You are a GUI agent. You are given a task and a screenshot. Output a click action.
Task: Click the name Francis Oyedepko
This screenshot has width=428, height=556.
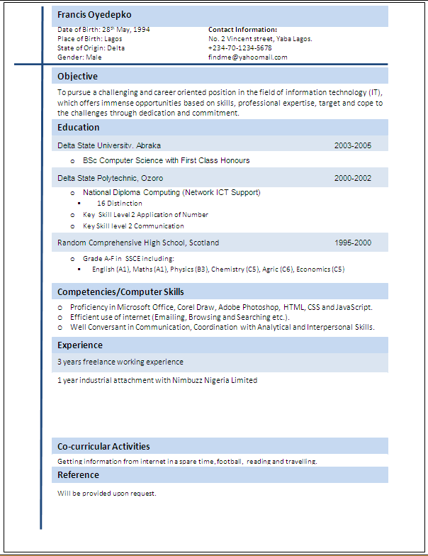(94, 15)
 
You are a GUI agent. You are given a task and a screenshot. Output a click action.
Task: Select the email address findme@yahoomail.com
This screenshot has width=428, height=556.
(248, 57)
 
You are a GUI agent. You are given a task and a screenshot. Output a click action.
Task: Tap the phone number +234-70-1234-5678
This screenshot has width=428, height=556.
(240, 48)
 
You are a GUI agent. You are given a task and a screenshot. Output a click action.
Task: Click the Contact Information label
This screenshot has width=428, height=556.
(242, 30)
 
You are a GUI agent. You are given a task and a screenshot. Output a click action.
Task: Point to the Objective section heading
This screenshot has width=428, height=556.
(78, 76)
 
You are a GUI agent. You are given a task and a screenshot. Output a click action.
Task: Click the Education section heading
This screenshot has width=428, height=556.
(79, 127)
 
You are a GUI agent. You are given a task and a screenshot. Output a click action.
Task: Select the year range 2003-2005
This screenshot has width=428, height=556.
(353, 145)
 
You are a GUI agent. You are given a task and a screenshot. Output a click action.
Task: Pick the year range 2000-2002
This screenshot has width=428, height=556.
(353, 178)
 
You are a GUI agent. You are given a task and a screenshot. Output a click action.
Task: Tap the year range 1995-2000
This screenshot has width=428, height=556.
(353, 243)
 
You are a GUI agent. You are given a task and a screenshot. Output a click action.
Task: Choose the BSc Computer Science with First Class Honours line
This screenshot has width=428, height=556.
(166, 160)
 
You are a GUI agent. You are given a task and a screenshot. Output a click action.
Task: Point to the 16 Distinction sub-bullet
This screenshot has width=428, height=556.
(120, 204)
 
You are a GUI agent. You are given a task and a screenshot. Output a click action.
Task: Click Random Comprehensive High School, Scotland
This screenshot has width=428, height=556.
(138, 243)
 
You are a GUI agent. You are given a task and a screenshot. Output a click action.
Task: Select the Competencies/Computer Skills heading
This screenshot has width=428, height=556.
(120, 291)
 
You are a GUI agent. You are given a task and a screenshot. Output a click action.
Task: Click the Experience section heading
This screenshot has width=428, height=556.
(80, 345)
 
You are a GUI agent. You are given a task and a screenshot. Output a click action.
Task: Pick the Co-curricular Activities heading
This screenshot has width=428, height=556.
(103, 446)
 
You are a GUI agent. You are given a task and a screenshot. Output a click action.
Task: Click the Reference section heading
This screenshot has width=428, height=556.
(78, 474)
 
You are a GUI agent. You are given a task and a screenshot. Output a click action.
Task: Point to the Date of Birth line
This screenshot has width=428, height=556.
(103, 30)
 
